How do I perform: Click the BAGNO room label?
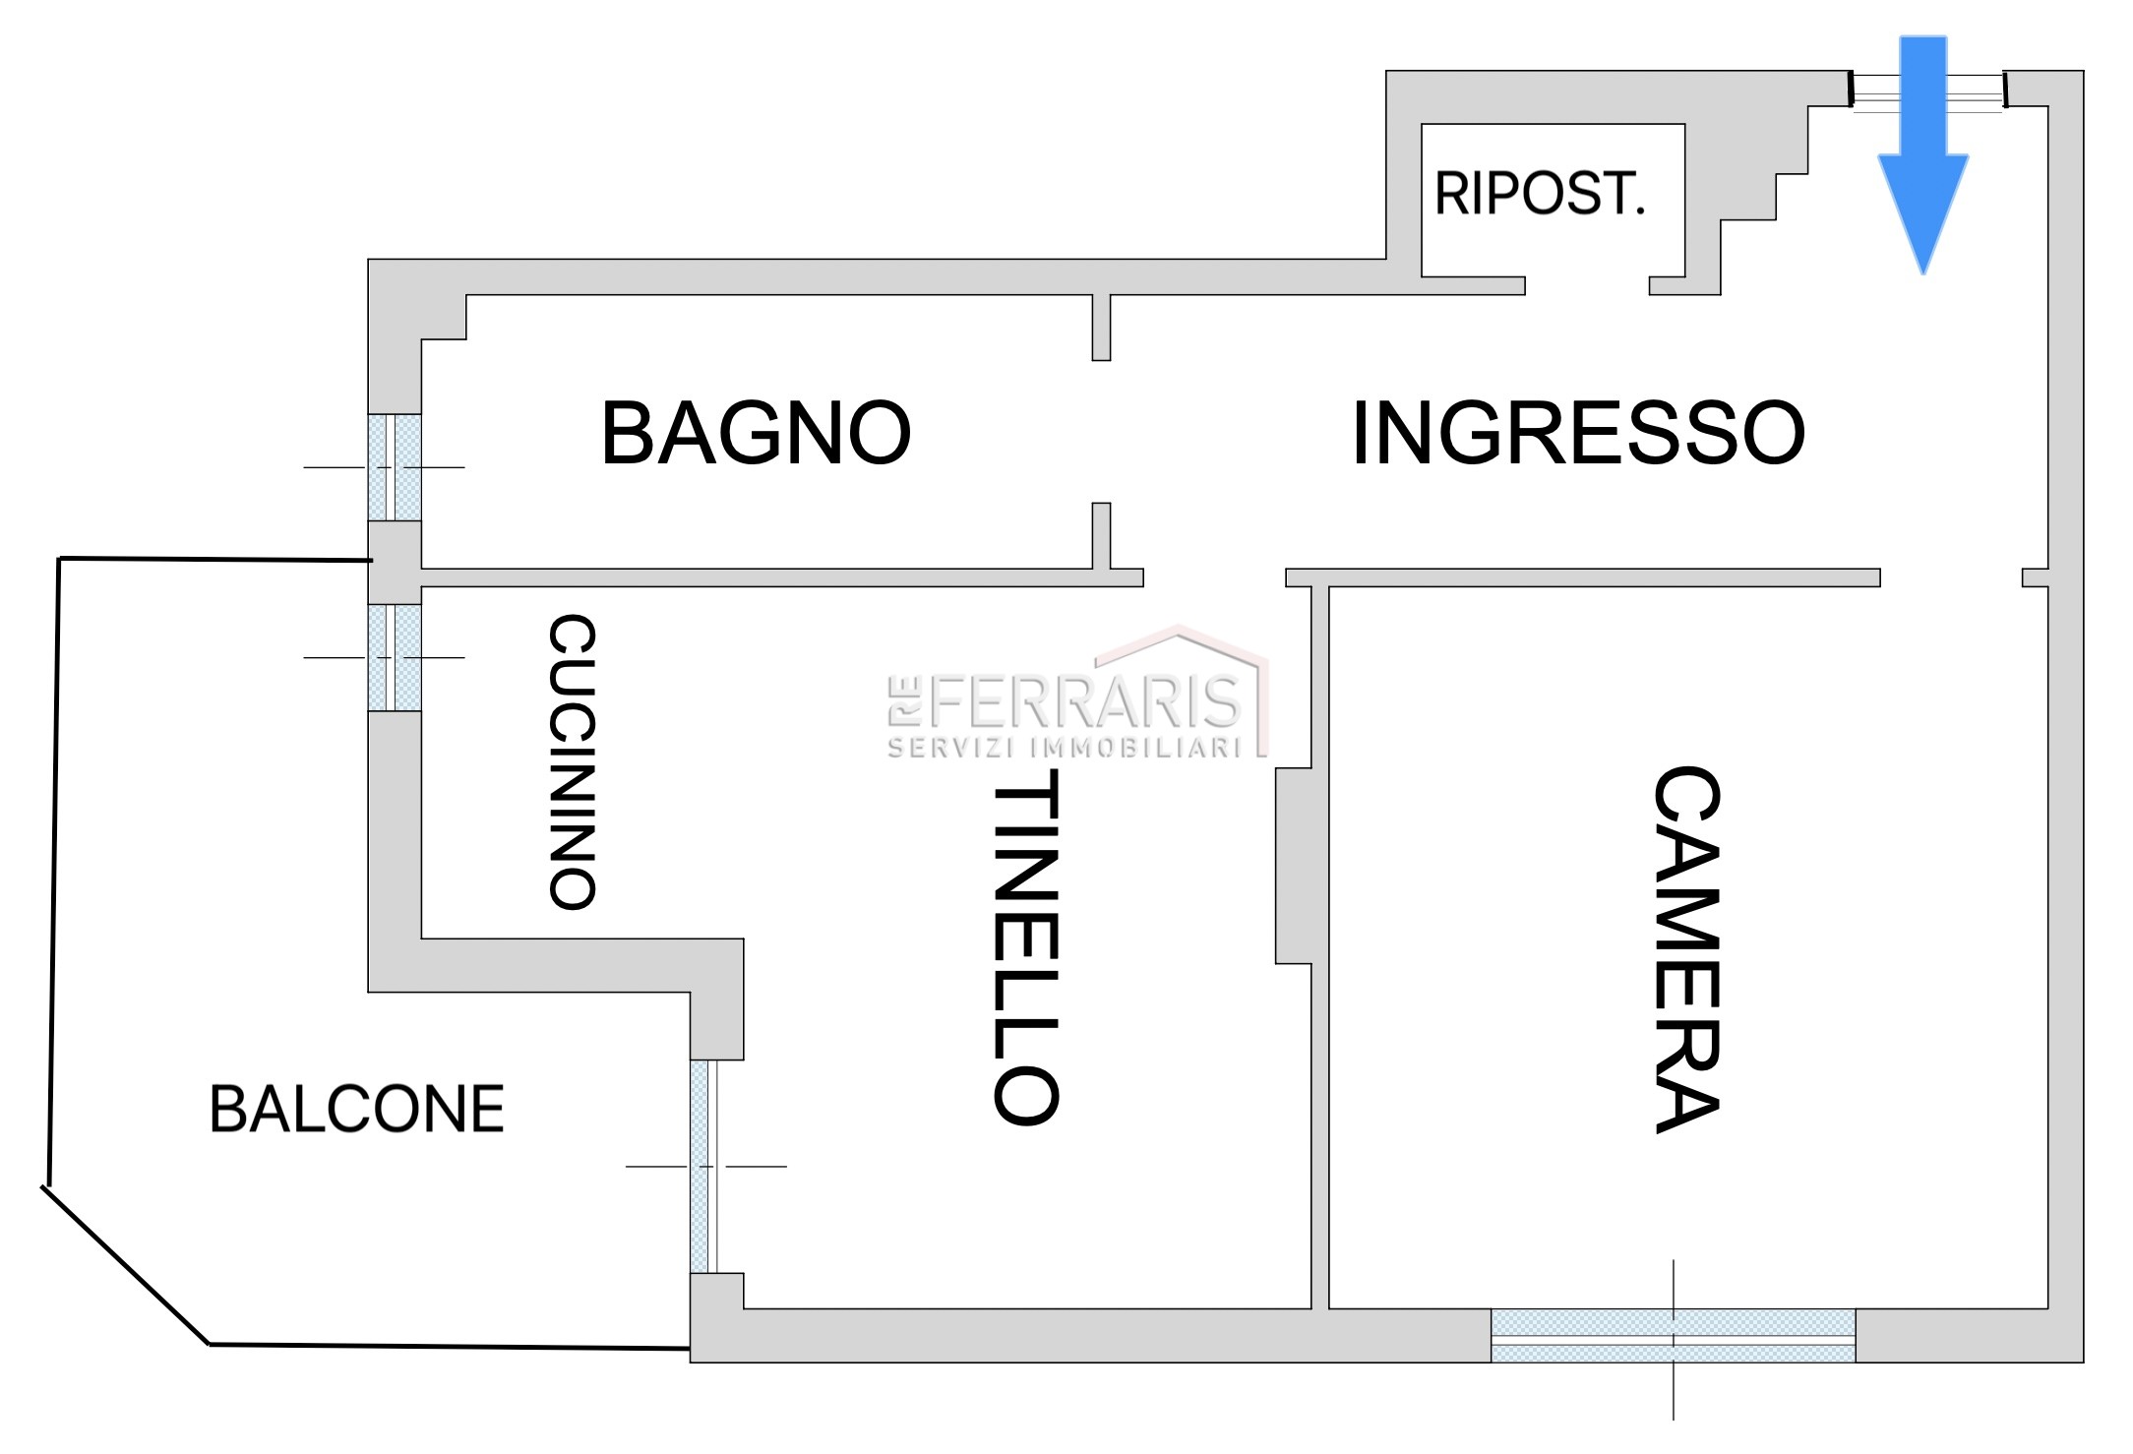tap(756, 433)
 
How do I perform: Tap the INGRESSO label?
tap(1577, 433)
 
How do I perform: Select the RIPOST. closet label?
tap(1539, 194)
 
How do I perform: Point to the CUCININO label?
tap(572, 762)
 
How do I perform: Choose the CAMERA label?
tap(1685, 949)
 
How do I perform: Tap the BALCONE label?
tap(356, 1110)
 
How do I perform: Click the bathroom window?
tap(395, 466)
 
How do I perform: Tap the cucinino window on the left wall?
tap(395, 657)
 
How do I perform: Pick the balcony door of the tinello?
tap(704, 1167)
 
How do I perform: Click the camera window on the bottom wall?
tap(1673, 1336)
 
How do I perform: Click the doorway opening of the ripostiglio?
tap(1587, 285)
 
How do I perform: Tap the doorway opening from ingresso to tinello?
tap(1214, 577)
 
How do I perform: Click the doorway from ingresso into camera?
tap(1951, 577)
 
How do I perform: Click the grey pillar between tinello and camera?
tap(1294, 866)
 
